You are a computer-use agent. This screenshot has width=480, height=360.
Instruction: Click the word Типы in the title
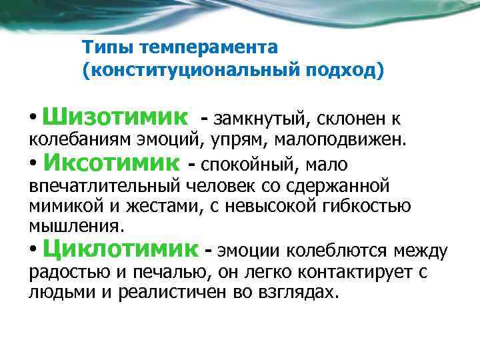tap(102, 48)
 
